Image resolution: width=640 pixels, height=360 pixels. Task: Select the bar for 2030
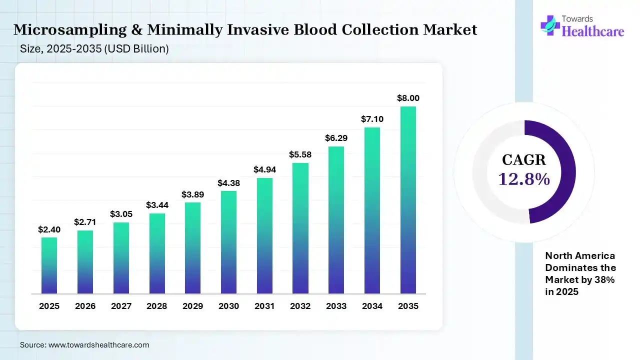pos(228,242)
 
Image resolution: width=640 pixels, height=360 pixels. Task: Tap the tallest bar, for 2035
pos(408,200)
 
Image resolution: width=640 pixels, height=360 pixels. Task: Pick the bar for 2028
pos(157,253)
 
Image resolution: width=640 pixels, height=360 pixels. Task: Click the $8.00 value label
pos(408,98)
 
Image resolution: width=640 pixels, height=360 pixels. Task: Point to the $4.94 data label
pos(264,169)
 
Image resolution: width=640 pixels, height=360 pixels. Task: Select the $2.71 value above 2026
pos(85,222)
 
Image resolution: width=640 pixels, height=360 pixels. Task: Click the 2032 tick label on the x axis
pos(300,306)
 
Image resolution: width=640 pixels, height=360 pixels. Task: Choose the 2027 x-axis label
pos(121,306)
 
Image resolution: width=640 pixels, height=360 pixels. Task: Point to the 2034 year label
pos(372,306)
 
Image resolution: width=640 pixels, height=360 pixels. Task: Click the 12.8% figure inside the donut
pos(524,178)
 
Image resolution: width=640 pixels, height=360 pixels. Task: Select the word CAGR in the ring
pos(524,160)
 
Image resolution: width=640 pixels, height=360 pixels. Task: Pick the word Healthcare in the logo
pos(593,31)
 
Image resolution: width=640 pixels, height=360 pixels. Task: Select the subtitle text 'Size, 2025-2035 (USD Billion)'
pos(94,49)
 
